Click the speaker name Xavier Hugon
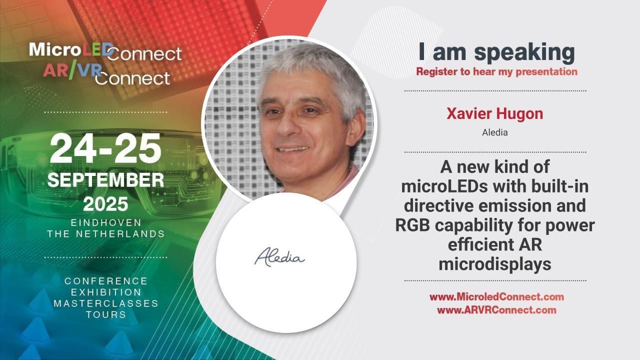[x=494, y=114]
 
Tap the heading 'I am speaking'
[x=496, y=52]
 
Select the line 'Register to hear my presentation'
[x=496, y=71]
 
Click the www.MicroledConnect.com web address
[x=496, y=297]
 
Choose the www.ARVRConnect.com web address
[x=496, y=310]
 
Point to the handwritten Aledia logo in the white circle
[x=279, y=257]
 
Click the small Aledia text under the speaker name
[x=494, y=133]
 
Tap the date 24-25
[x=105, y=149]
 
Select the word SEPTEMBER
[x=105, y=180]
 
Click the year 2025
[x=105, y=203]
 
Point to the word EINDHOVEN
[x=105, y=222]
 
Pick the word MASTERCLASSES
[x=105, y=303]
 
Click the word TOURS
[x=105, y=315]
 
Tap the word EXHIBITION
[x=105, y=292]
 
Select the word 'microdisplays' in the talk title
[x=494, y=264]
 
